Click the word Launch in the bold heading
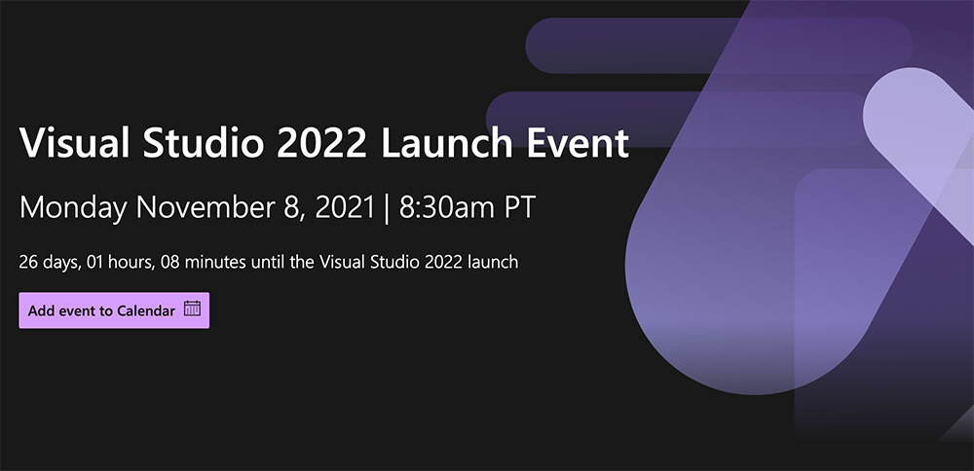click(x=447, y=143)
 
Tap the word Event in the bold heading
click(x=578, y=143)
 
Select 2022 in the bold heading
click(x=321, y=143)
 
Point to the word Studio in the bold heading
click(x=204, y=143)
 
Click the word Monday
click(x=73, y=208)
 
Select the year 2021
click(x=344, y=207)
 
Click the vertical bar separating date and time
click(x=387, y=208)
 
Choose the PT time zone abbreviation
click(x=519, y=207)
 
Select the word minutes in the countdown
click(x=215, y=262)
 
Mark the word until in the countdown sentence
click(x=269, y=262)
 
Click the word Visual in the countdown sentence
click(x=342, y=262)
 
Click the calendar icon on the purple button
click(x=192, y=308)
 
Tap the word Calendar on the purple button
click(x=146, y=310)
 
